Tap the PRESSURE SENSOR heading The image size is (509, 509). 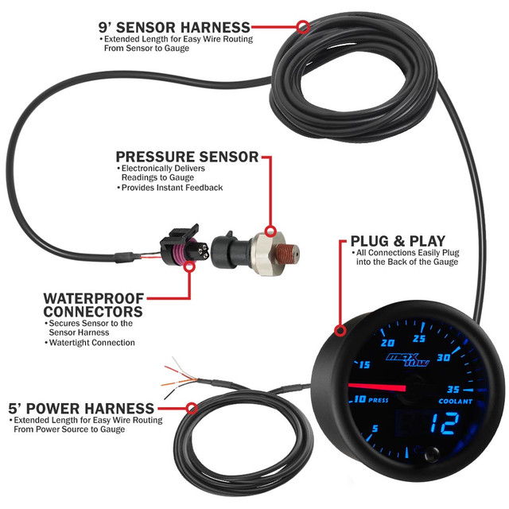coord(187,157)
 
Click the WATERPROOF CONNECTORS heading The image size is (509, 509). coord(93,305)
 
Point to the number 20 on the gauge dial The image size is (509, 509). coord(390,344)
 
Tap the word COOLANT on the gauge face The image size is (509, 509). coord(453,402)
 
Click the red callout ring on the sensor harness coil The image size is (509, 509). coord(302,27)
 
